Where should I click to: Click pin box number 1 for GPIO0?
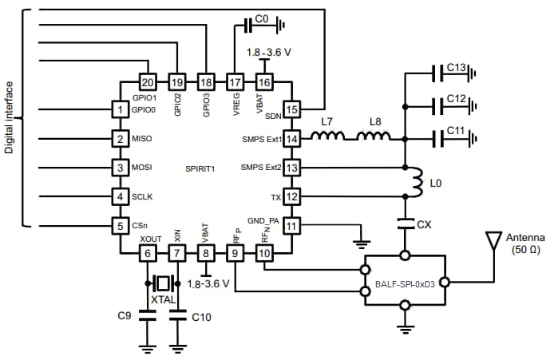(120, 109)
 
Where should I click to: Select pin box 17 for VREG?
(235, 81)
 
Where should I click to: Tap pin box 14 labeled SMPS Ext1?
(292, 138)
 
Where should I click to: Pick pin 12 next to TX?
(292, 196)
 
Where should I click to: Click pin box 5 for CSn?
(120, 225)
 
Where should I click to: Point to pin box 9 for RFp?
(235, 254)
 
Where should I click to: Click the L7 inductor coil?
(326, 136)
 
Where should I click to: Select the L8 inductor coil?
(373, 136)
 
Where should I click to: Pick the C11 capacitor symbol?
(438, 138)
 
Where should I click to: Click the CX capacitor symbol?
(405, 224)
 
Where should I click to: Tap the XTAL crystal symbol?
(163, 283)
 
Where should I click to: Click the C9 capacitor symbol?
(147, 316)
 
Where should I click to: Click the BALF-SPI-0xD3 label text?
(406, 283)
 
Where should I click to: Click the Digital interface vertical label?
(10, 117)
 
